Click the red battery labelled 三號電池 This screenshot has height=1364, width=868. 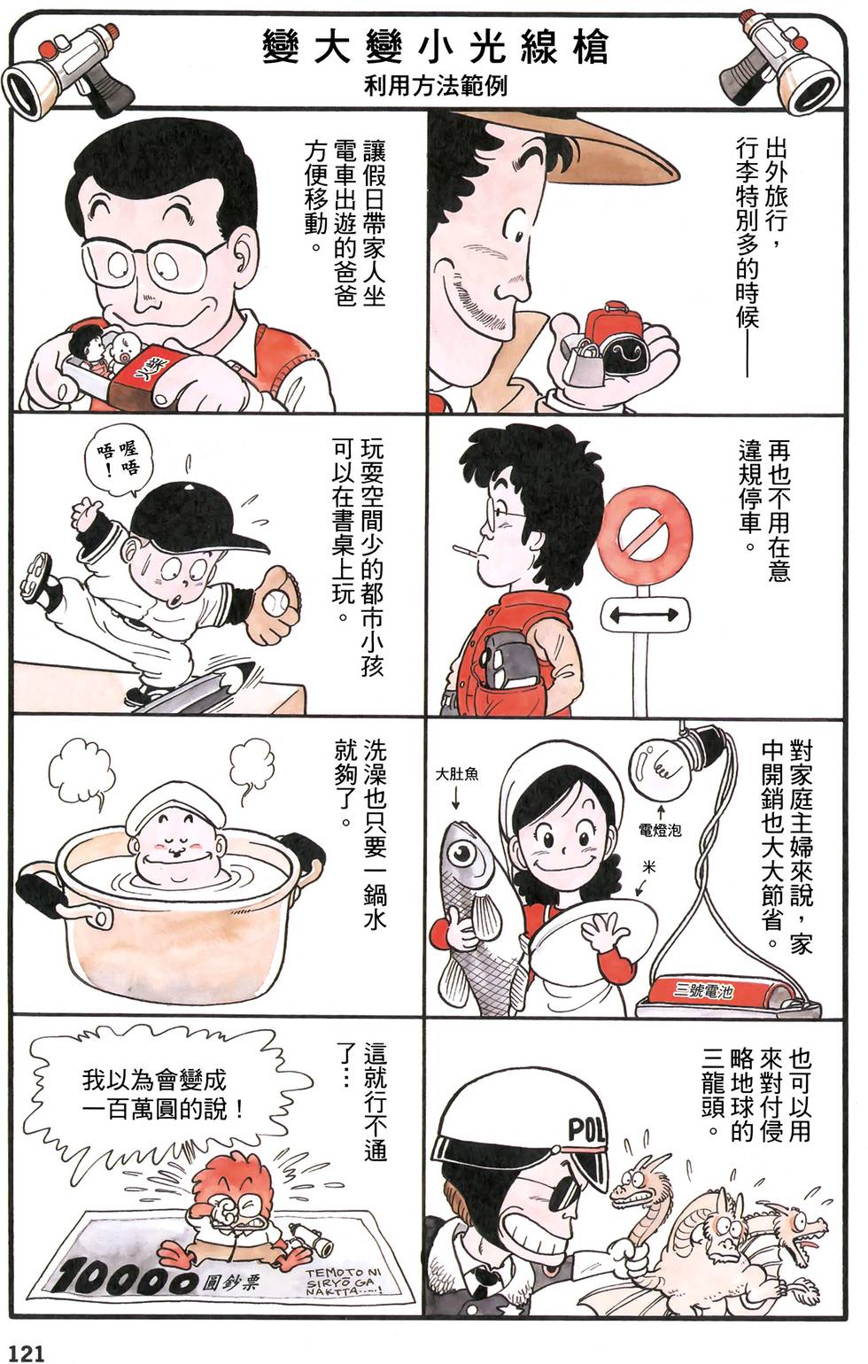pos(708,992)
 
